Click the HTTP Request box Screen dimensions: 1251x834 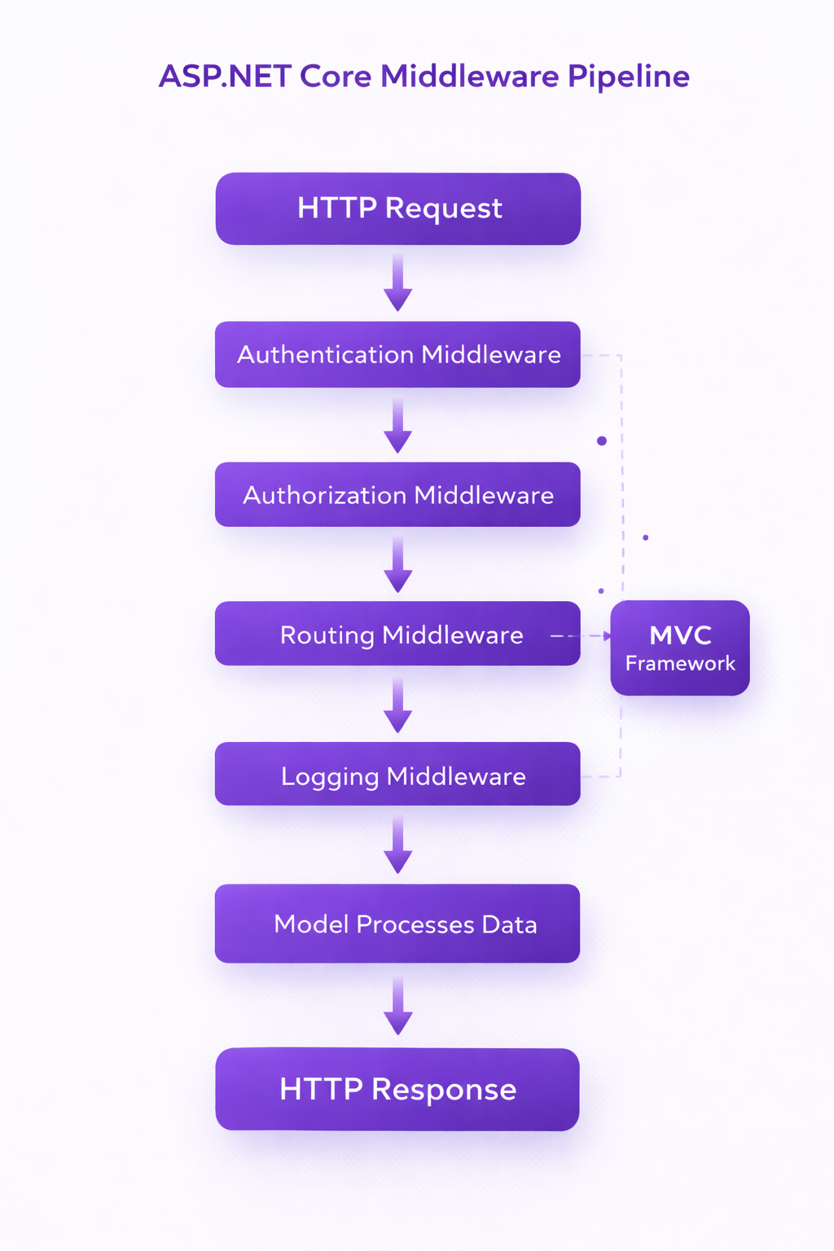[x=397, y=208]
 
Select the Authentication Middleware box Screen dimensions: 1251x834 [x=397, y=354]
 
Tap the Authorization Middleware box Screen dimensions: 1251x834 [x=397, y=494]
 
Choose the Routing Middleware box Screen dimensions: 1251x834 [x=397, y=634]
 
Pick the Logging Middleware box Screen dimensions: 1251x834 [x=397, y=775]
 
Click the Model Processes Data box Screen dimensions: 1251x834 [x=397, y=924]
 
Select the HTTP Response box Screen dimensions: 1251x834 [x=397, y=1089]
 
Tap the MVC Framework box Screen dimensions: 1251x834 [x=680, y=647]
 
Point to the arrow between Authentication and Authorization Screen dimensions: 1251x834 [x=397, y=426]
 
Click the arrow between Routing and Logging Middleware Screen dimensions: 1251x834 [x=397, y=705]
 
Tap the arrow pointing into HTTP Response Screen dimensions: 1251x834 [x=397, y=1007]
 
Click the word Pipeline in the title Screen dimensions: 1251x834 [x=628, y=77]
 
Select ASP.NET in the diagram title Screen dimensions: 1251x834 [x=225, y=77]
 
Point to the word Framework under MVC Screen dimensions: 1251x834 [x=680, y=664]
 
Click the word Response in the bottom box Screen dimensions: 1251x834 [x=444, y=1090]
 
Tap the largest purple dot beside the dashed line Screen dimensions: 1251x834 [x=602, y=441]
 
